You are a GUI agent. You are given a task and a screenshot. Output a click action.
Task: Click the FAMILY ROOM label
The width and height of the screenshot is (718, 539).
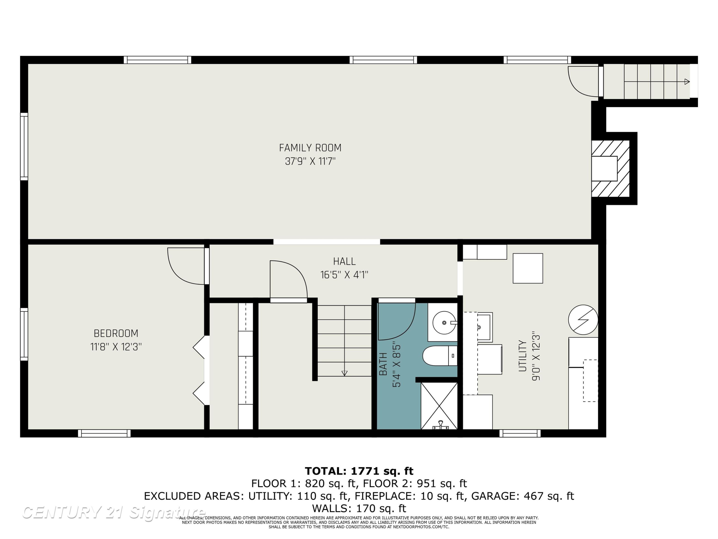click(x=310, y=148)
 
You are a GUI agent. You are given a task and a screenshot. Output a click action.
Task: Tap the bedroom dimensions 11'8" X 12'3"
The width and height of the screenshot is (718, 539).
click(x=116, y=347)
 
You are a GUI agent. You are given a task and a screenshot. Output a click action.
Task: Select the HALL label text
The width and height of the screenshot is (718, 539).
click(x=344, y=261)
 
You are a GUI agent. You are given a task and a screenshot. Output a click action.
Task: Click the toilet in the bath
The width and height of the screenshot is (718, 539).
click(x=440, y=356)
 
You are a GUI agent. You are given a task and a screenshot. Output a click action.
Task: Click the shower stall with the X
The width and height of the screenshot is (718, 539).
click(x=439, y=406)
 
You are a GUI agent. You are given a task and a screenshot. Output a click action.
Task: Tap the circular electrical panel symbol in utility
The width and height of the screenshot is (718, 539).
click(x=583, y=320)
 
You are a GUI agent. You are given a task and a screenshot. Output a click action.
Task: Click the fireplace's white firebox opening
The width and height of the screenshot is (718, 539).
click(x=604, y=169)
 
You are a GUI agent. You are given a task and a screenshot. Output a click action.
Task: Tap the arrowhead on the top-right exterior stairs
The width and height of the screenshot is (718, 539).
click(x=687, y=81)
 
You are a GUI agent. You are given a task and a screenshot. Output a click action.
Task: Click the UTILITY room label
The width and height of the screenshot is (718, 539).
click(x=522, y=356)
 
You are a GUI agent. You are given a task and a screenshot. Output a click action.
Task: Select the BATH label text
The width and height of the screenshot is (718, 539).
click(x=383, y=364)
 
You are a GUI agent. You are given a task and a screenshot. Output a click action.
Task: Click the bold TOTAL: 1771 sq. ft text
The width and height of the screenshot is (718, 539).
click(x=359, y=471)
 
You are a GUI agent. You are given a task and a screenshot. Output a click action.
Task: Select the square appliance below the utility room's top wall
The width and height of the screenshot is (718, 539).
click(x=528, y=268)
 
